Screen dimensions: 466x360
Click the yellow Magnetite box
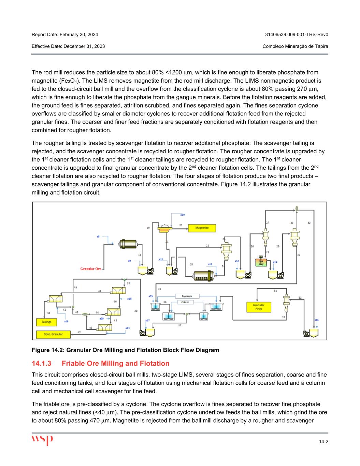[x=202, y=228]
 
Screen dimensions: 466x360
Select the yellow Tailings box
[x=46, y=322]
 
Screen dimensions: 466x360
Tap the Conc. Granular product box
[x=53, y=334]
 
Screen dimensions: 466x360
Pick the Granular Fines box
[x=259, y=307]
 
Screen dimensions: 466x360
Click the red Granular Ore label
[x=91, y=269]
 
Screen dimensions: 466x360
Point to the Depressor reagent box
[x=187, y=296]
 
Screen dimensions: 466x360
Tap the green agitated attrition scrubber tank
[x=261, y=262]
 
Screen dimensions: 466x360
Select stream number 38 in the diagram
[x=136, y=311]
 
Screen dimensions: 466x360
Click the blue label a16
[x=316, y=320]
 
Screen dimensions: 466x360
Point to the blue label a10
[x=182, y=215]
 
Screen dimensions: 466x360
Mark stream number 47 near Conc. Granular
[x=79, y=332]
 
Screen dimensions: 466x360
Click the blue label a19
[x=66, y=321]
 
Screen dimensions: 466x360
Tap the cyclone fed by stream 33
[x=286, y=301]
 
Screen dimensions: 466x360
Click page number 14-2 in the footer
[x=323, y=442]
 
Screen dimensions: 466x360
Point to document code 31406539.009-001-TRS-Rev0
[x=297, y=34]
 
